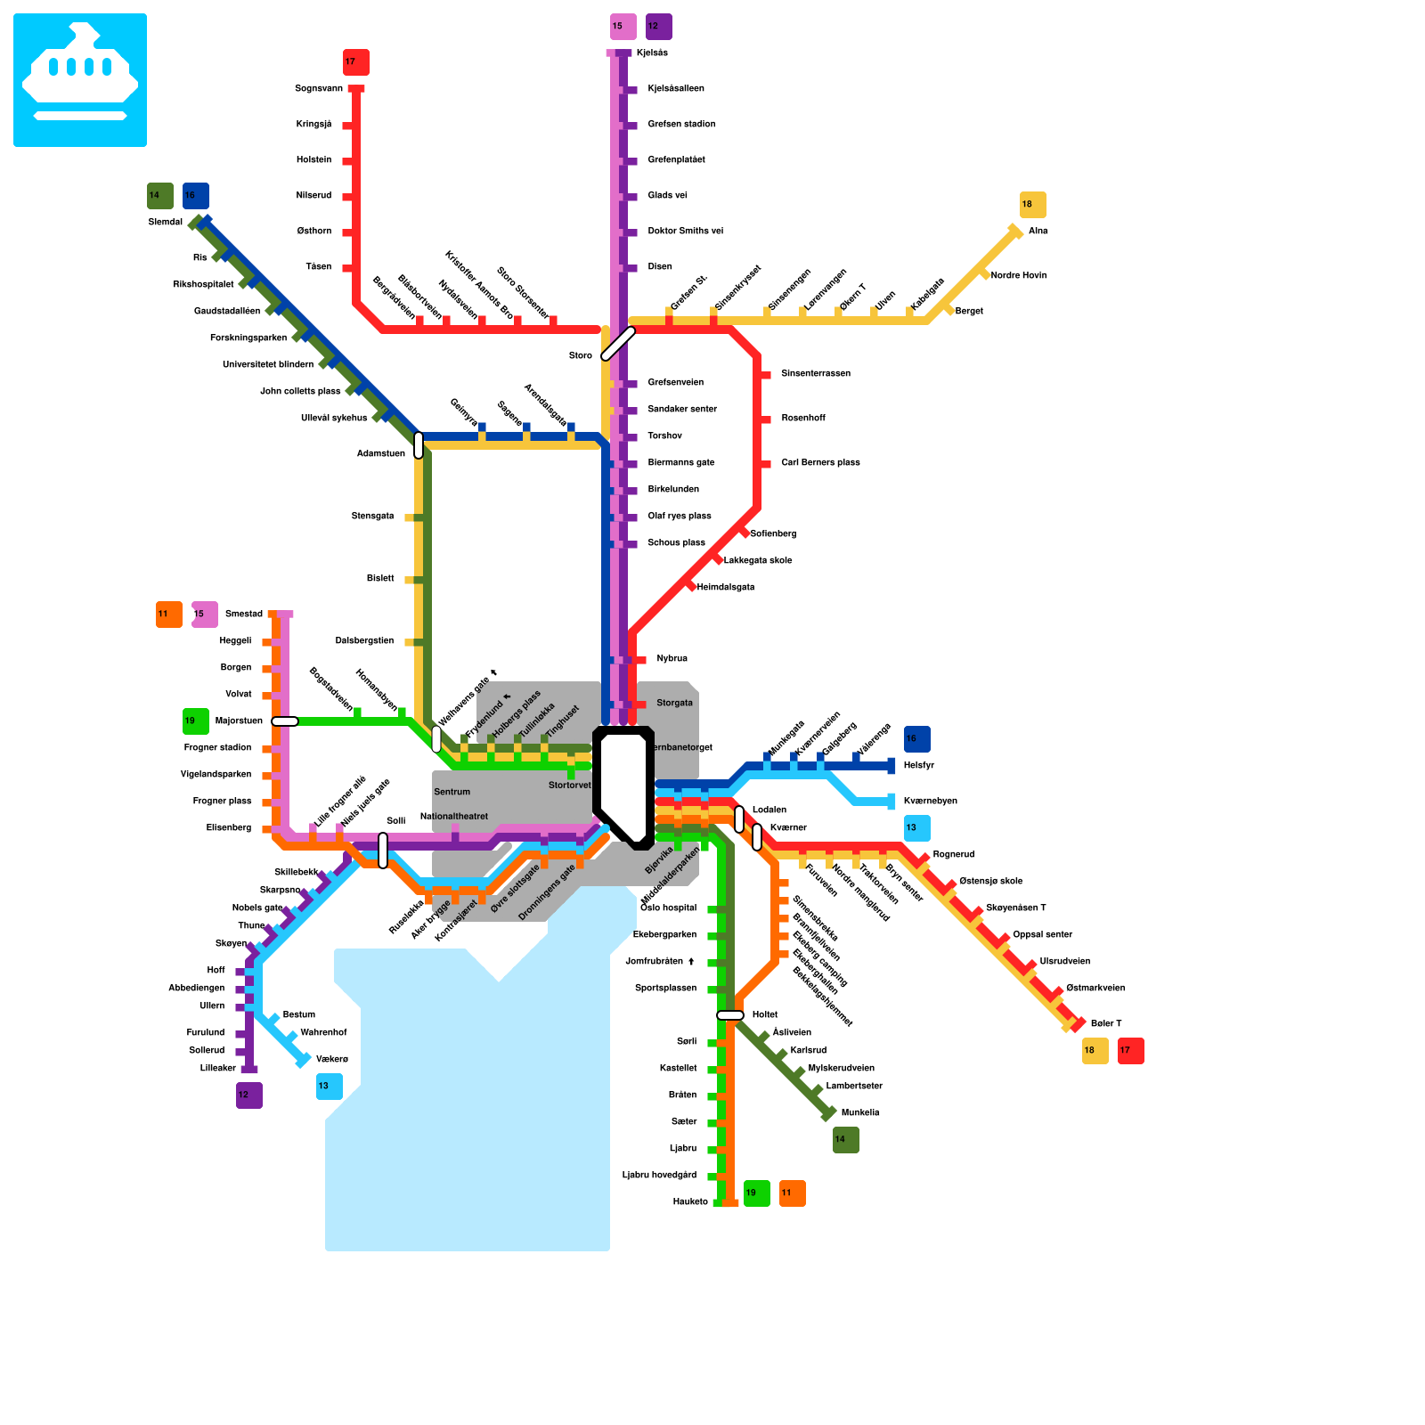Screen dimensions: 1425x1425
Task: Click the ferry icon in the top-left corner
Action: click(x=80, y=80)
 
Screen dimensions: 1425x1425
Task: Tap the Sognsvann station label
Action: click(x=318, y=89)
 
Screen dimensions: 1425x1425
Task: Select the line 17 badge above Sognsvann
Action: click(x=355, y=62)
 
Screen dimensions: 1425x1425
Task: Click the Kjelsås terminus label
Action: click(x=652, y=53)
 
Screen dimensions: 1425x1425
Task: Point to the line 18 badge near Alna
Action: click(x=1032, y=205)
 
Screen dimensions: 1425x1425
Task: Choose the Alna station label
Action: click(x=1038, y=232)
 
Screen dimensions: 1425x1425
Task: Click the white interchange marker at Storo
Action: click(x=618, y=344)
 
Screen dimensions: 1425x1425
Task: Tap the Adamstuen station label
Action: click(x=380, y=454)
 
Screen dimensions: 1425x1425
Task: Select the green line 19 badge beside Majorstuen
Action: click(x=195, y=721)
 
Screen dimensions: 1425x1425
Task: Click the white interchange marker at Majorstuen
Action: click(x=284, y=721)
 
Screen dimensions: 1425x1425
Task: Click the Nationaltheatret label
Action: click(x=454, y=817)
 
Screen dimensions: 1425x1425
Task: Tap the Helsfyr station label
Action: click(x=918, y=766)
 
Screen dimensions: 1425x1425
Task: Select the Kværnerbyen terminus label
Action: click(x=930, y=802)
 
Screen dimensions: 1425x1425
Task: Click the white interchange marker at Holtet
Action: click(x=729, y=1015)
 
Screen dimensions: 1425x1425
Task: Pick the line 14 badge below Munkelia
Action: click(x=845, y=1140)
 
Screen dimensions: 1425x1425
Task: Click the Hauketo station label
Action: click(x=690, y=1202)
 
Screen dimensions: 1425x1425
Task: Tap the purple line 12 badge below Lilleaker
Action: click(x=248, y=1095)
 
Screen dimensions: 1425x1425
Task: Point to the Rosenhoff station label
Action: click(x=802, y=419)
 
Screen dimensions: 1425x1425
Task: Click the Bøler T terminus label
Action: click(x=1105, y=1024)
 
